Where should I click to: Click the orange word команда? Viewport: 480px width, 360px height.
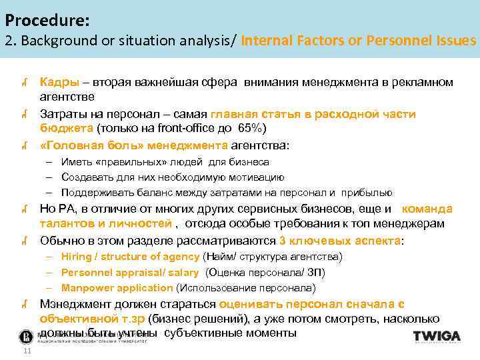(427, 208)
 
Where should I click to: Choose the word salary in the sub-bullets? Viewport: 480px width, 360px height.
(183, 272)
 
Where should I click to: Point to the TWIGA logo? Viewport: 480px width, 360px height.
(436, 337)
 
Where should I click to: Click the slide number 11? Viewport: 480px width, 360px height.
(27, 351)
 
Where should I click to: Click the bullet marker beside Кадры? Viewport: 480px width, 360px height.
(23, 83)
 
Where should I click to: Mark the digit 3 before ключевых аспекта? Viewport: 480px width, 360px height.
(283, 240)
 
